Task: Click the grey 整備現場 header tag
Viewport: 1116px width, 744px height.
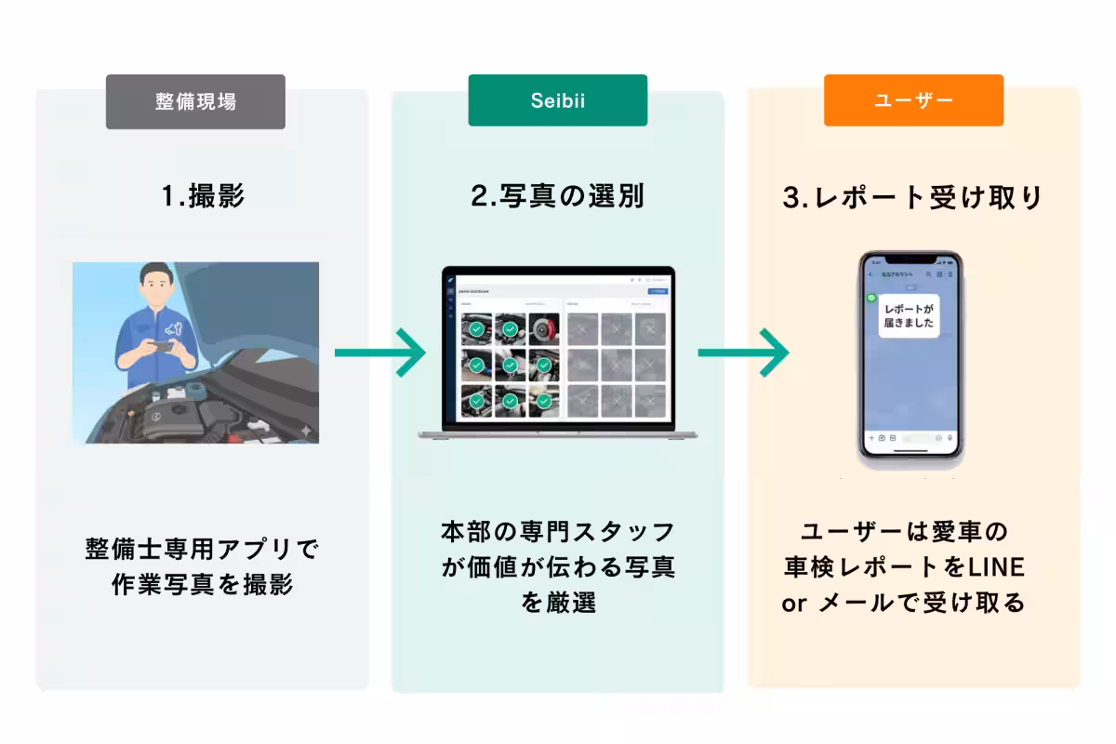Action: (x=195, y=101)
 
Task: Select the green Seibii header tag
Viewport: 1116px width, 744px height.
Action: (x=557, y=100)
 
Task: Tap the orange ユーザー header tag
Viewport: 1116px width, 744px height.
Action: (x=913, y=100)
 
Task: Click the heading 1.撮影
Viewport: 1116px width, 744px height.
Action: (x=203, y=197)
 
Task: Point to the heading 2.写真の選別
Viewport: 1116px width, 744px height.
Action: (x=557, y=197)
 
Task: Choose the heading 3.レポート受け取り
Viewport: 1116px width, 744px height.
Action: (x=913, y=197)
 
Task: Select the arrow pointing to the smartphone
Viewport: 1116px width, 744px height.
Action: (x=742, y=352)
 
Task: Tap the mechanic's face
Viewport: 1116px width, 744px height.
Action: (x=155, y=287)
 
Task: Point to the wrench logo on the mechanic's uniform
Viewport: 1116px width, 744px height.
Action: (x=172, y=328)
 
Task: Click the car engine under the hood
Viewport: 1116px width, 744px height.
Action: (x=177, y=409)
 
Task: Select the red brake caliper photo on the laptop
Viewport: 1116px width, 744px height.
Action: (x=543, y=328)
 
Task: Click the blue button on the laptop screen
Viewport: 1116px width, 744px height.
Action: (x=658, y=291)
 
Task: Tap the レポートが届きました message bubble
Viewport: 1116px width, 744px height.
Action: (x=909, y=315)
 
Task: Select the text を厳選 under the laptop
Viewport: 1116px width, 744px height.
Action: (x=557, y=602)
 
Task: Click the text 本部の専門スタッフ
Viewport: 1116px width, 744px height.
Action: (x=557, y=531)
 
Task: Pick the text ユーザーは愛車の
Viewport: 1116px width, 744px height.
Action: (x=904, y=531)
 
